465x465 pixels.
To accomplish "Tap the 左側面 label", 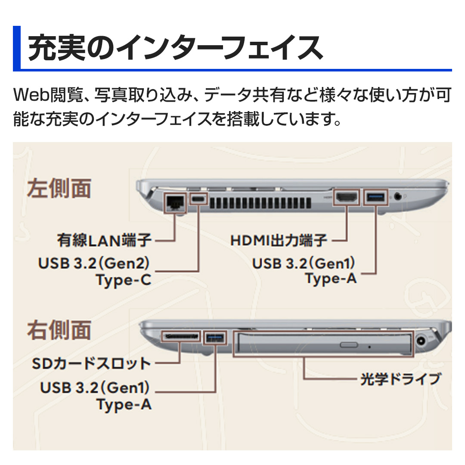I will (x=59, y=189).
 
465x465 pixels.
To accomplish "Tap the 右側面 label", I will (x=59, y=330).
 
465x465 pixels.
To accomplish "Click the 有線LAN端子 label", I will (x=104, y=240).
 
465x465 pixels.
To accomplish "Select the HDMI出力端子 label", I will (x=279, y=240).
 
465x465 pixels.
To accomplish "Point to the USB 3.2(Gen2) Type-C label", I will (x=95, y=271).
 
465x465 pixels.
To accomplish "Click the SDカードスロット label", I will (x=92, y=364).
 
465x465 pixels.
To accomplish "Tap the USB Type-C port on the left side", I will (x=198, y=199).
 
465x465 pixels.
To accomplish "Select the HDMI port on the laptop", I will (x=347, y=198).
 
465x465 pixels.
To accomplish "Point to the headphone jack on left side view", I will (x=399, y=196).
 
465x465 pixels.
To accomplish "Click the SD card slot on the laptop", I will (x=181, y=336).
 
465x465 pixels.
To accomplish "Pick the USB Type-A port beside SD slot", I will (x=215, y=338).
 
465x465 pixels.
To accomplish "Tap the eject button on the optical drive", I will (x=348, y=344).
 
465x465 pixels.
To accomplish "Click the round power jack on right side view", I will (x=422, y=343).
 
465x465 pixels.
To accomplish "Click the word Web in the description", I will (x=28, y=95).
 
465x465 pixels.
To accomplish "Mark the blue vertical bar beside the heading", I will (x=17, y=48).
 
